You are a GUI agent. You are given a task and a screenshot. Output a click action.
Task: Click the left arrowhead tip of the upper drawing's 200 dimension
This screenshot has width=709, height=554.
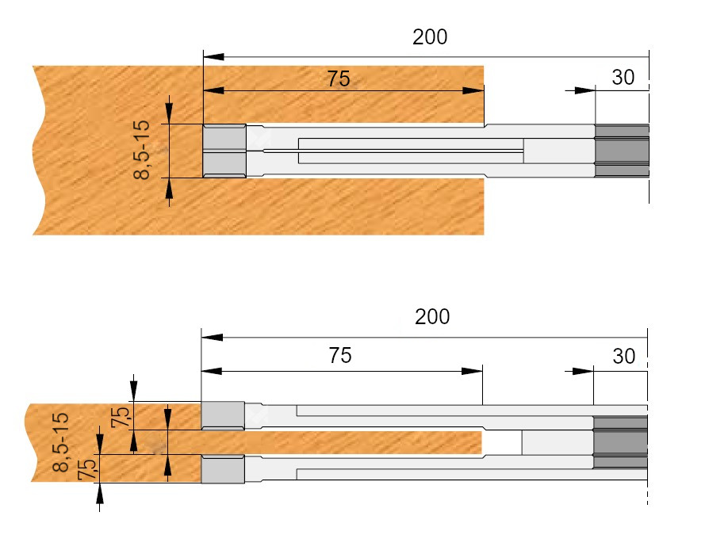(204, 57)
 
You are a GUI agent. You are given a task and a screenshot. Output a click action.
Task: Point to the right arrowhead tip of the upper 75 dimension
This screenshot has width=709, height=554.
(484, 90)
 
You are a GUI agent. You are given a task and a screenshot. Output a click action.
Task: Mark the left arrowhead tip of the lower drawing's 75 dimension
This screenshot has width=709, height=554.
(201, 371)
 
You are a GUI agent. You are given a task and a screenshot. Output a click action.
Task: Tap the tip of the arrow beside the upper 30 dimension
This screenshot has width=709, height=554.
(595, 90)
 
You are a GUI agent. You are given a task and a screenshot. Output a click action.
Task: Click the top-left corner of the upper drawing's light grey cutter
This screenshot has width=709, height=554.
(203, 124)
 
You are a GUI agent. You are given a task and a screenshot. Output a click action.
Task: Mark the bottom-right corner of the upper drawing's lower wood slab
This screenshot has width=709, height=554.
(484, 235)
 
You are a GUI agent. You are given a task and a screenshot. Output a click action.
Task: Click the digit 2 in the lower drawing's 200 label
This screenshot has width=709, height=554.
(420, 317)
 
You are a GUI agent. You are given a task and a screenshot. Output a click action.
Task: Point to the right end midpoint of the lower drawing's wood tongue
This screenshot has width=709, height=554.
(482, 442)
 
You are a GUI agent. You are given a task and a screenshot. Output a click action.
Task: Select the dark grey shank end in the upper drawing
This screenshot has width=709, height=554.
(622, 151)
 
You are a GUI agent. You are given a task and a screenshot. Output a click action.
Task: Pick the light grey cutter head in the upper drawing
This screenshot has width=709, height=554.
(224, 151)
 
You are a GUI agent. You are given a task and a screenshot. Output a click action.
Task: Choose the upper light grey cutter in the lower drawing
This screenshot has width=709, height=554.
(223, 415)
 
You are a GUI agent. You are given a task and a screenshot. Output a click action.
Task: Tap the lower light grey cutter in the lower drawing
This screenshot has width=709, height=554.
(223, 469)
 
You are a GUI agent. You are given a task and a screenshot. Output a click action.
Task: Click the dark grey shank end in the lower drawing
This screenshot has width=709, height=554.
(620, 442)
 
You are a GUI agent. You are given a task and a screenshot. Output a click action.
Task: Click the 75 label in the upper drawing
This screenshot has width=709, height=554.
(339, 78)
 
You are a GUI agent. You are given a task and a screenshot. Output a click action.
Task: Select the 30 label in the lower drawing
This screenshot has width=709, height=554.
(624, 357)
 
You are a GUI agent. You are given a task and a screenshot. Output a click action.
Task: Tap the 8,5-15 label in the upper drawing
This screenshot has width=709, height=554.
(142, 150)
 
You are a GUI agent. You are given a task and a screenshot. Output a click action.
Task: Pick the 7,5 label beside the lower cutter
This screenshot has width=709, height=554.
(86, 469)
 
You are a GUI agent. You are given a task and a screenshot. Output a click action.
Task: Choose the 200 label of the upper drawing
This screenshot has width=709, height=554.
(430, 37)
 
